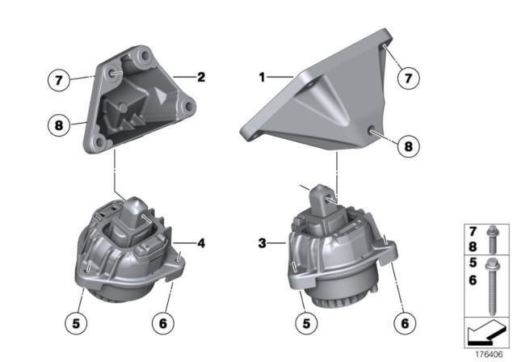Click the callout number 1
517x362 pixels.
click(262, 78)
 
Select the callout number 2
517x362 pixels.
click(201, 78)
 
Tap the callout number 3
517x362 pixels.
click(262, 242)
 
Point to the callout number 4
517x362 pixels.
click(201, 240)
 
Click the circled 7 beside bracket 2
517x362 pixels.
click(57, 79)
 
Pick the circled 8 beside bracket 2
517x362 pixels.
click(57, 125)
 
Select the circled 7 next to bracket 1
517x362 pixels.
click(409, 78)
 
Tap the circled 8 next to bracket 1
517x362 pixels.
click(409, 146)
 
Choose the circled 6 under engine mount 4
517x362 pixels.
click(163, 322)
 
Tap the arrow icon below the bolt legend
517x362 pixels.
click(485, 331)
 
